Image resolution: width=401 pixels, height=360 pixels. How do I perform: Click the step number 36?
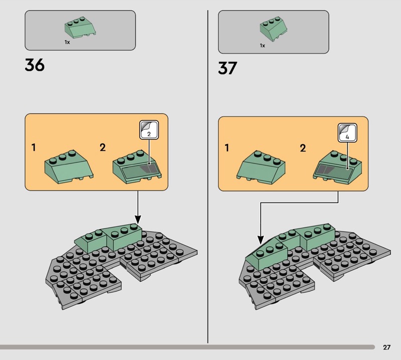pyautogui.click(x=35, y=65)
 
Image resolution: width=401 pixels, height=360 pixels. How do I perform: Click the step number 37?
pyautogui.click(x=228, y=68)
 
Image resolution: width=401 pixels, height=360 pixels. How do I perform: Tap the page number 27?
pyautogui.click(x=386, y=347)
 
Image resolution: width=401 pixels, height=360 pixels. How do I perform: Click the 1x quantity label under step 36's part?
pyautogui.click(x=67, y=42)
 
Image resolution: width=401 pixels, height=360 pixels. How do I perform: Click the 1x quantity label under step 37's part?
pyautogui.click(x=262, y=46)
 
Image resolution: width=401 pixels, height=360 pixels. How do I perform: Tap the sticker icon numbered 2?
pyautogui.click(x=149, y=130)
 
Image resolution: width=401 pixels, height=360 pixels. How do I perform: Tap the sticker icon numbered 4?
pyautogui.click(x=347, y=133)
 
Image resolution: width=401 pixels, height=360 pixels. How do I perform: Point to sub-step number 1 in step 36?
pyautogui.click(x=34, y=147)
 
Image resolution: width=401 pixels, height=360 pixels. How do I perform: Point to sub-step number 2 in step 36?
pyautogui.click(x=103, y=147)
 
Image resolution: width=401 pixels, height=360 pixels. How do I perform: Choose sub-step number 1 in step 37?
pyautogui.click(x=227, y=148)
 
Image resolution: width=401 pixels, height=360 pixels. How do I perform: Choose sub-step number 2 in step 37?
pyautogui.click(x=303, y=148)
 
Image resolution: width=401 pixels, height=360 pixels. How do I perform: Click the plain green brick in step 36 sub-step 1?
pyautogui.click(x=69, y=167)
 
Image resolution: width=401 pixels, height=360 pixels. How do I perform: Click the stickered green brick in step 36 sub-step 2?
pyautogui.click(x=137, y=167)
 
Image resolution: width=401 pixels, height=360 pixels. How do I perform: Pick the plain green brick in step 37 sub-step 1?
pyautogui.click(x=261, y=167)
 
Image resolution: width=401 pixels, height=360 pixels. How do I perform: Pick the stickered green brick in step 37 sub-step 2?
pyautogui.click(x=337, y=167)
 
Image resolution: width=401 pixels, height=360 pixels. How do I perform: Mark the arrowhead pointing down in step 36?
pyautogui.click(x=138, y=220)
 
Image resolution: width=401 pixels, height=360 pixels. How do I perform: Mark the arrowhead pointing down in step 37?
pyautogui.click(x=260, y=240)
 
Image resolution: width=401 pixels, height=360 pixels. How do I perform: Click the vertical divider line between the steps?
pyautogui.click(x=208, y=176)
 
